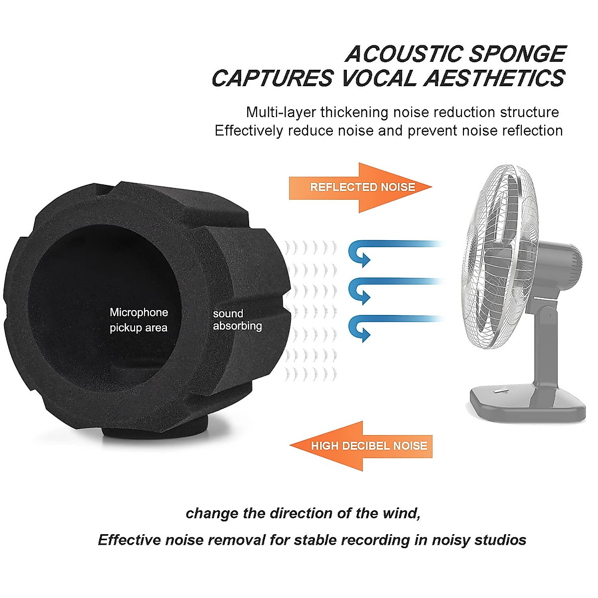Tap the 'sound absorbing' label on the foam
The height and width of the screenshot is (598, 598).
[237, 320]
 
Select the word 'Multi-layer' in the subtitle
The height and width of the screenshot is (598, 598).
[281, 112]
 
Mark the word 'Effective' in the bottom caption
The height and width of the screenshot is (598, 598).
[129, 540]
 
